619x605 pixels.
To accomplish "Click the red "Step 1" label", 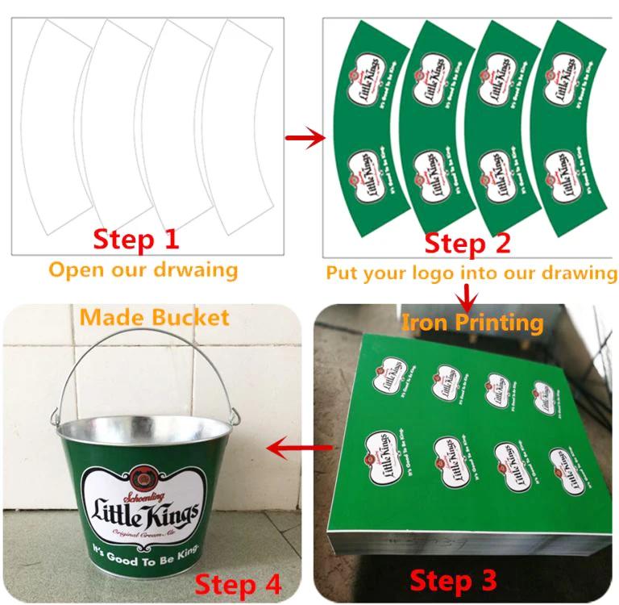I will [135, 239].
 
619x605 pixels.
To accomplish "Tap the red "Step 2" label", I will [467, 243].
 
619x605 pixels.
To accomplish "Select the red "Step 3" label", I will [453, 580].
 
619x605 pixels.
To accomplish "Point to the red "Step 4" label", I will [239, 584].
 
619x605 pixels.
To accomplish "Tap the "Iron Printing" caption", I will [472, 323].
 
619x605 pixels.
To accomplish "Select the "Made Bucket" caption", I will [154, 317].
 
